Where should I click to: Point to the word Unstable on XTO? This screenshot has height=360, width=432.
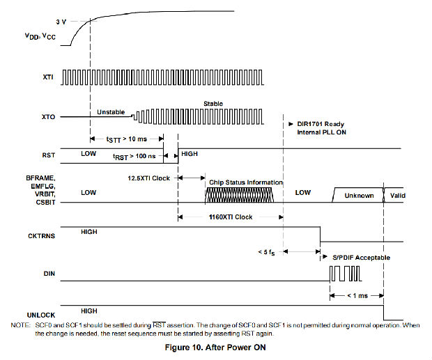coord(111,111)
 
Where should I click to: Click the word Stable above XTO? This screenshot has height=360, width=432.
coord(213,104)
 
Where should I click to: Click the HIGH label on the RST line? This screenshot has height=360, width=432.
coord(190,152)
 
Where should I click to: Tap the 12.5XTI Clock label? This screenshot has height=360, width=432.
coord(149,178)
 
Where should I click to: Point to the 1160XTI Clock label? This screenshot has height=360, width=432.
coord(231,217)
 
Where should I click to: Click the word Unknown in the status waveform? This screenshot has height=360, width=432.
coord(359,196)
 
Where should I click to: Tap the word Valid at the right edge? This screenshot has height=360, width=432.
coord(398,196)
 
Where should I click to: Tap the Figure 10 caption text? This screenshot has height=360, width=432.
coord(216,347)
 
